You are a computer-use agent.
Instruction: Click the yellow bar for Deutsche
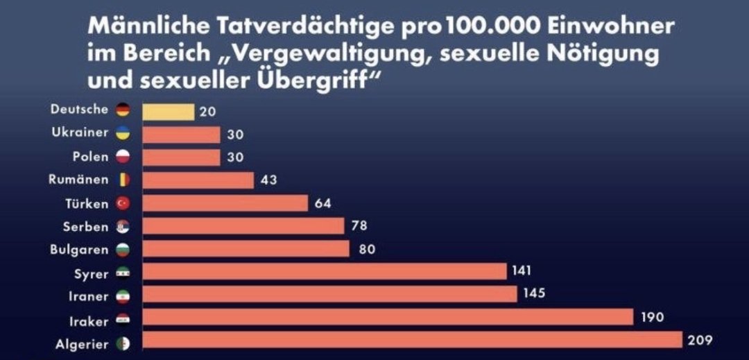[168, 111]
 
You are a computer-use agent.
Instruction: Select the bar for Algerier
[412, 341]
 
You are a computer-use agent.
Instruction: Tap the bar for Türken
[225, 203]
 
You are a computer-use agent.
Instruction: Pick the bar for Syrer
[325, 271]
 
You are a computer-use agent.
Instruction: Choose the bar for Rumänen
[198, 180]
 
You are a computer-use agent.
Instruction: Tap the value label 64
[322, 203]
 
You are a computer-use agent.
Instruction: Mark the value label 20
[207, 111]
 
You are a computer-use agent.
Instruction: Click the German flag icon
[123, 110]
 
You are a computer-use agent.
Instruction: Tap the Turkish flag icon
[123, 203]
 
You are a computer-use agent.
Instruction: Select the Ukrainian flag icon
[123, 133]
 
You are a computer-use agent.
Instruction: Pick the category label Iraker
[89, 321]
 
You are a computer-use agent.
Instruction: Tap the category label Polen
[90, 156]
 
